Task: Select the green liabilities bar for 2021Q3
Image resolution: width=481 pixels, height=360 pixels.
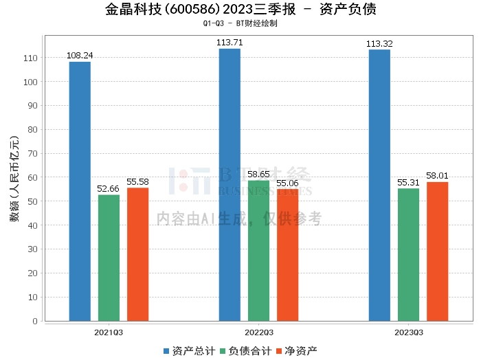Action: tap(109, 258)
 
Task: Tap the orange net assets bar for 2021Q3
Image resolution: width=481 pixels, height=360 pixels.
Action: tap(137, 254)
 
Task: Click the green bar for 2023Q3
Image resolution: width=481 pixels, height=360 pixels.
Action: tap(408, 254)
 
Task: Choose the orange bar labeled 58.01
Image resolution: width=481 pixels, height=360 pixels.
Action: tap(437, 251)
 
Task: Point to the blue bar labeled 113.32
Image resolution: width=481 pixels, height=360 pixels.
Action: tap(379, 185)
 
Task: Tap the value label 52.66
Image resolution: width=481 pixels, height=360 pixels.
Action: tap(109, 189)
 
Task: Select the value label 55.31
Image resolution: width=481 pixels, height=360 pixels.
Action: tap(408, 183)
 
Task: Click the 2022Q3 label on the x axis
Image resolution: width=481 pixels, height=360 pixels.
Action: tap(258, 333)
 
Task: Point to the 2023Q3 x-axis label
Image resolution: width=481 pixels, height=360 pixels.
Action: tap(408, 333)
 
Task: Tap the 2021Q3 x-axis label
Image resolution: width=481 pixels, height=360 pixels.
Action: tap(109, 333)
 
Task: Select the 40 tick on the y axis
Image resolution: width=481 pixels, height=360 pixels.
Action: tap(34, 225)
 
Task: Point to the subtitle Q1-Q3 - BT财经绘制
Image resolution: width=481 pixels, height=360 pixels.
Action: tap(240, 23)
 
